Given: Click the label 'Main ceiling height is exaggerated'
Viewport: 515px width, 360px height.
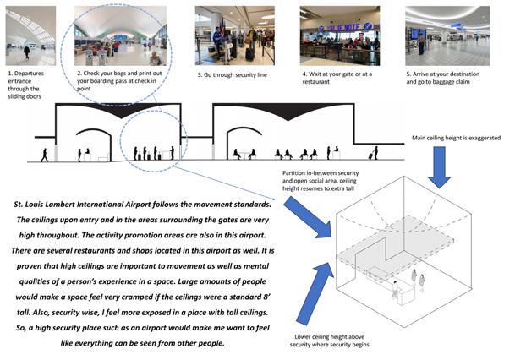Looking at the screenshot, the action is pyautogui.click(x=457, y=137).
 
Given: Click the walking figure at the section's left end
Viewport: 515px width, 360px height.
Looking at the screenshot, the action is pyautogui.click(x=45, y=155).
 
